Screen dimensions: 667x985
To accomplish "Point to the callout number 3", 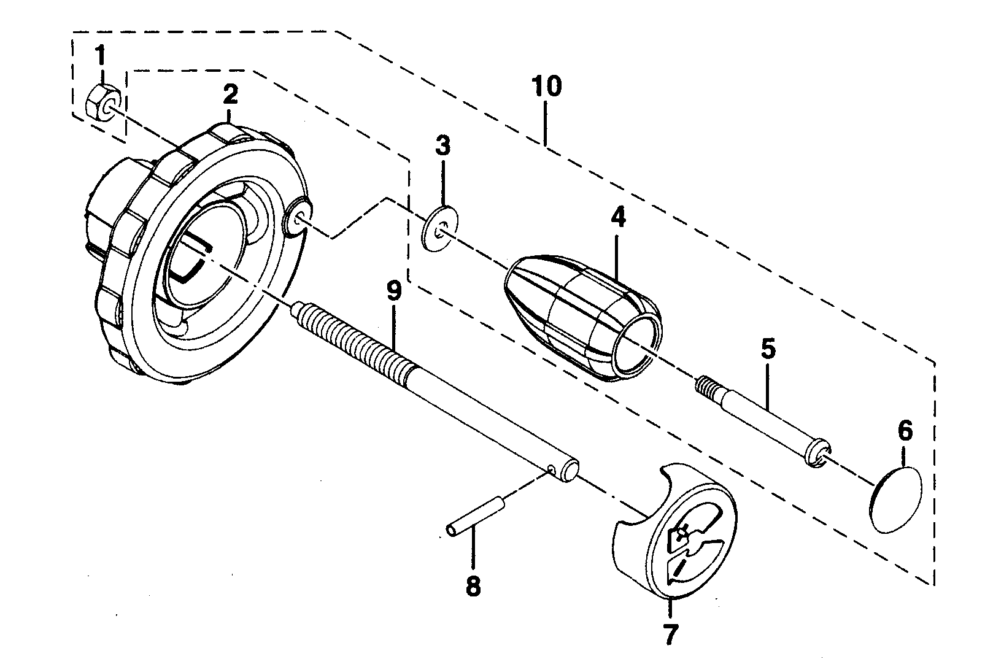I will coord(442,146).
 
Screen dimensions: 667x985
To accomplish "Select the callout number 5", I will coord(768,349).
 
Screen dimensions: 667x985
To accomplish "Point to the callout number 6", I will coord(905,431).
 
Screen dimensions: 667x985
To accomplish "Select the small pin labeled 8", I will coord(476,517).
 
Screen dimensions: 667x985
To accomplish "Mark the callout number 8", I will coord(473,586).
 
